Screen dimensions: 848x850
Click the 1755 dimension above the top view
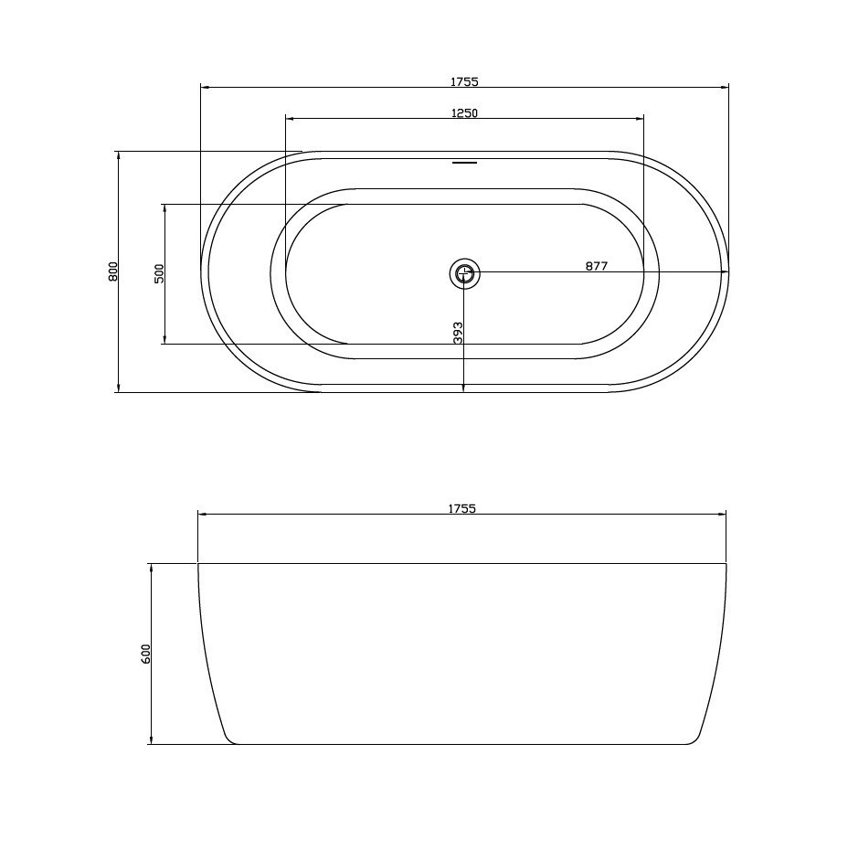[x=464, y=82]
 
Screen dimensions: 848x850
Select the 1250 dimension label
[x=464, y=112]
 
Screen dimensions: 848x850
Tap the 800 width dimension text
[x=113, y=271]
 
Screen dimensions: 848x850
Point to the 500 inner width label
[x=159, y=274]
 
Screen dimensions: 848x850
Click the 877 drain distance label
[x=597, y=266]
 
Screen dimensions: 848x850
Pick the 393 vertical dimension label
[x=458, y=333]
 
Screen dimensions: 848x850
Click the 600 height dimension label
[x=145, y=654]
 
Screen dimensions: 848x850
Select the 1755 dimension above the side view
[x=462, y=508]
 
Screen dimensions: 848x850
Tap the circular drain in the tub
[x=464, y=273]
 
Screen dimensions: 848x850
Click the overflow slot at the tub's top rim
[x=464, y=162]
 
